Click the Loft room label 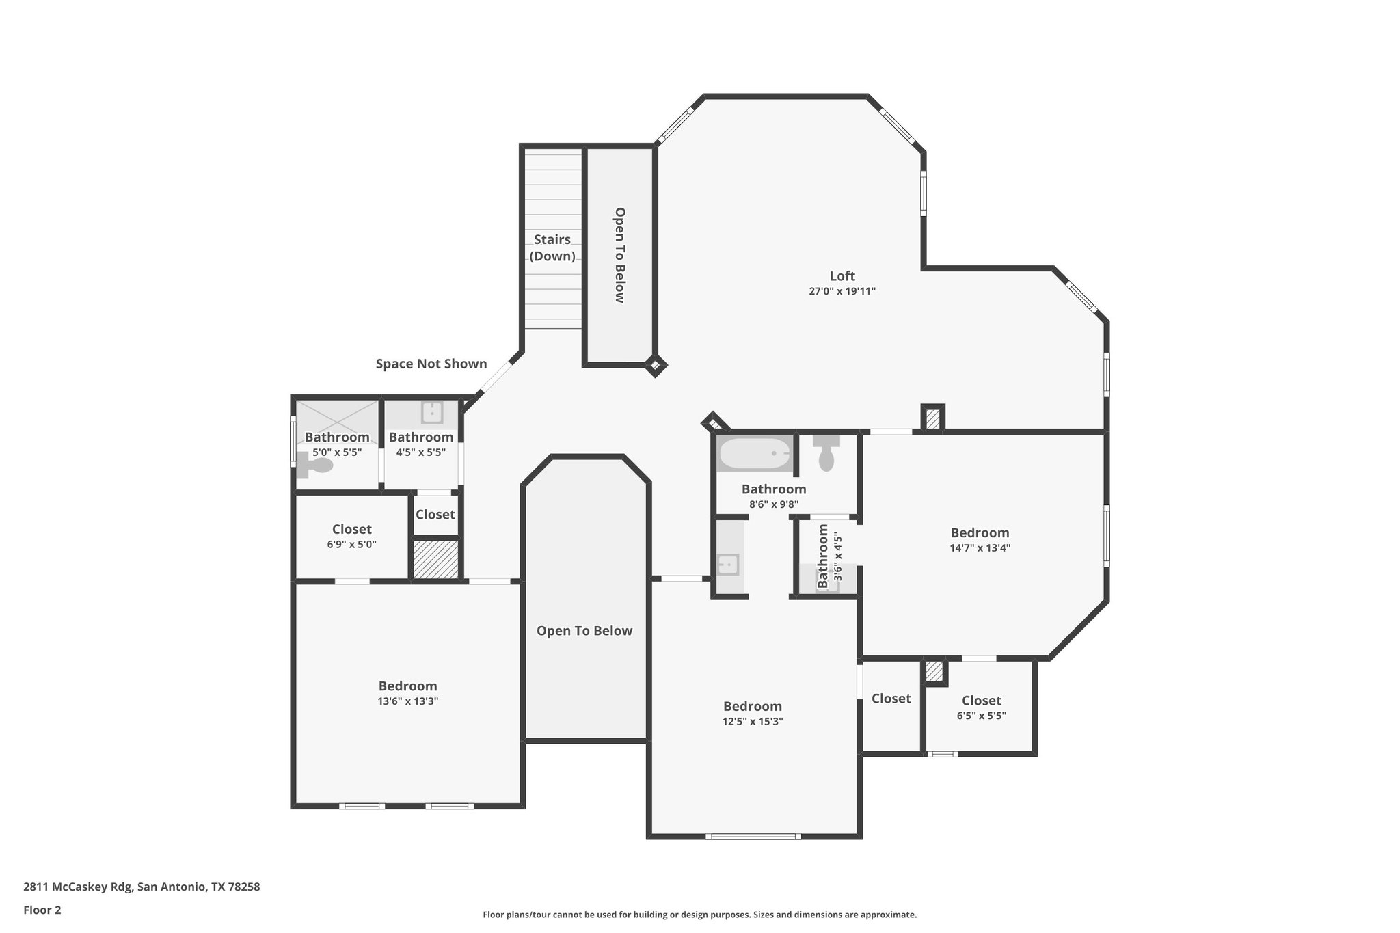(x=842, y=276)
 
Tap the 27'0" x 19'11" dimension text (x=842, y=291)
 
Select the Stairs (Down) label (x=552, y=247)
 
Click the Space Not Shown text (x=431, y=364)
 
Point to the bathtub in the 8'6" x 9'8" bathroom (x=754, y=452)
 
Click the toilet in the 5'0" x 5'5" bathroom (x=316, y=466)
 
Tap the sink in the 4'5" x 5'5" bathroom (x=431, y=412)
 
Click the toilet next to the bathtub (x=826, y=453)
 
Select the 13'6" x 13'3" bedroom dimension (x=408, y=701)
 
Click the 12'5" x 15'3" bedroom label (x=752, y=707)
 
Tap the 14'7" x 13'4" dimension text (x=980, y=547)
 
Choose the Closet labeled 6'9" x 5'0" (x=351, y=530)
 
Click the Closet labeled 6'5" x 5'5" (x=981, y=701)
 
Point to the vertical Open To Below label (x=619, y=255)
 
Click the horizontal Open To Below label (x=584, y=631)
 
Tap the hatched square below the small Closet (x=435, y=560)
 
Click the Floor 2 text (x=42, y=910)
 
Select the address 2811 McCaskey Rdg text (x=142, y=887)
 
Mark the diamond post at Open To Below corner (x=655, y=366)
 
